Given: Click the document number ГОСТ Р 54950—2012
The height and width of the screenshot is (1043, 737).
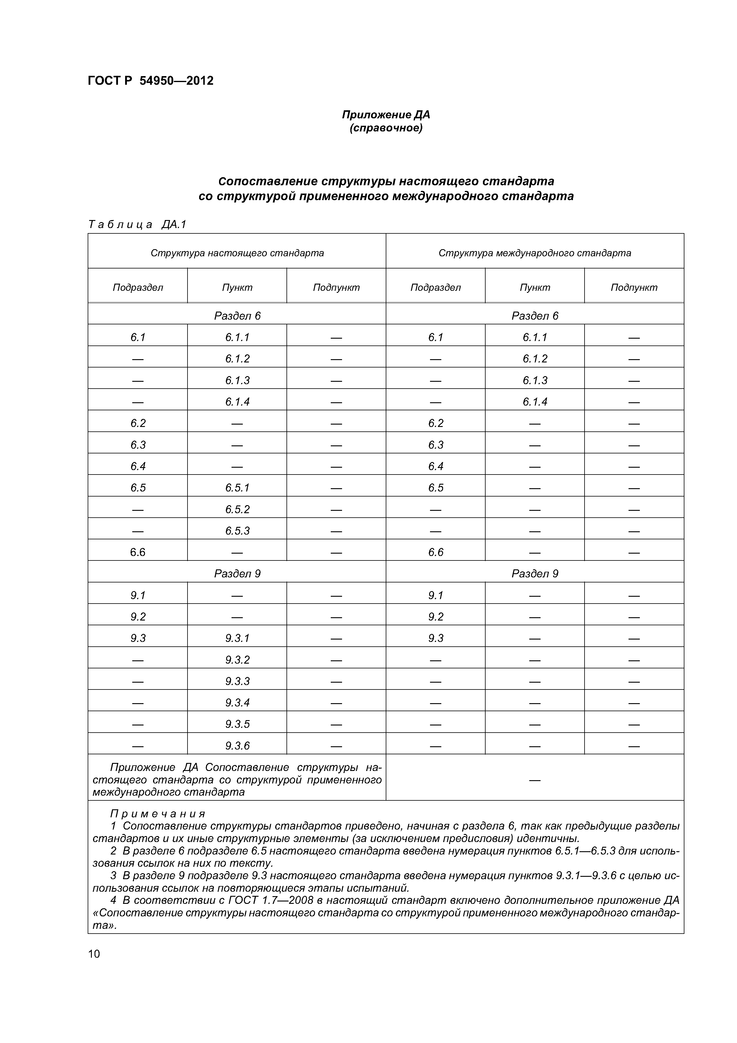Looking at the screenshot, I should point(150,81).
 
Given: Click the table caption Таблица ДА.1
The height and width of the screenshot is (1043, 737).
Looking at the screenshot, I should point(137,224).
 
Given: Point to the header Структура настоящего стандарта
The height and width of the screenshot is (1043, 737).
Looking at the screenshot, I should point(237,253).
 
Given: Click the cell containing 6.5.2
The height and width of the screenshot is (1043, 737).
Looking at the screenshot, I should point(237,509).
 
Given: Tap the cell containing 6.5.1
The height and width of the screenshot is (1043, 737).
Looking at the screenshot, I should point(237,488).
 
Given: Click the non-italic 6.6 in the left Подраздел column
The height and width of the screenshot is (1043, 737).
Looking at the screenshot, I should point(138,552).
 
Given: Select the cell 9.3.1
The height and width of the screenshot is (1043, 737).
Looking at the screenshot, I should point(237,638).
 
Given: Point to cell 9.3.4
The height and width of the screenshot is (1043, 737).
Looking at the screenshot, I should point(237,703).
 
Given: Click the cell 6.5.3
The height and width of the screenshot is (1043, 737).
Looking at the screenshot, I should point(237,531).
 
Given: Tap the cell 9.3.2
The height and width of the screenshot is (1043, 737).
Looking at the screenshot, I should point(237,659).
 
